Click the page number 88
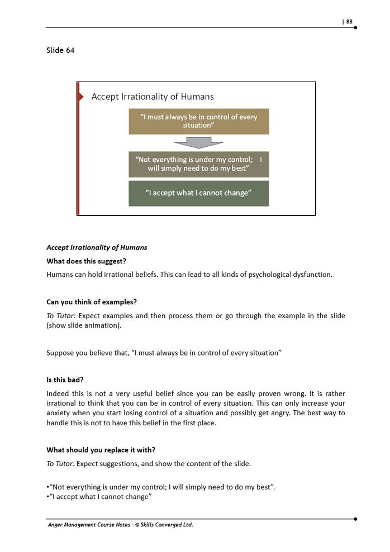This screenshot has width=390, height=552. (x=349, y=22)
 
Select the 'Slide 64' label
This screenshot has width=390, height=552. (x=60, y=50)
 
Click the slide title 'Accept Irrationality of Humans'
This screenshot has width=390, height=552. (x=153, y=97)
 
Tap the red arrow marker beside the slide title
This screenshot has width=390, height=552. (x=81, y=97)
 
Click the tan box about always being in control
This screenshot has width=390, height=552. (x=198, y=121)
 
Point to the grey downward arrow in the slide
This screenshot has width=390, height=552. (x=198, y=142)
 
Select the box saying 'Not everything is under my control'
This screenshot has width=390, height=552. (x=198, y=164)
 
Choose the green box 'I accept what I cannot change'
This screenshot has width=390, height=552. (x=198, y=193)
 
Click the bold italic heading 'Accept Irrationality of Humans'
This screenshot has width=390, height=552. (x=97, y=247)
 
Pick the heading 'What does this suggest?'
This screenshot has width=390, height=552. (x=86, y=261)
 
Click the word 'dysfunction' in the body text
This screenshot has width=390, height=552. (x=312, y=275)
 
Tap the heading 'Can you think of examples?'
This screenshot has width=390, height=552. (x=92, y=302)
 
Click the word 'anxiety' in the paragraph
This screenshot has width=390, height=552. (x=59, y=412)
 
